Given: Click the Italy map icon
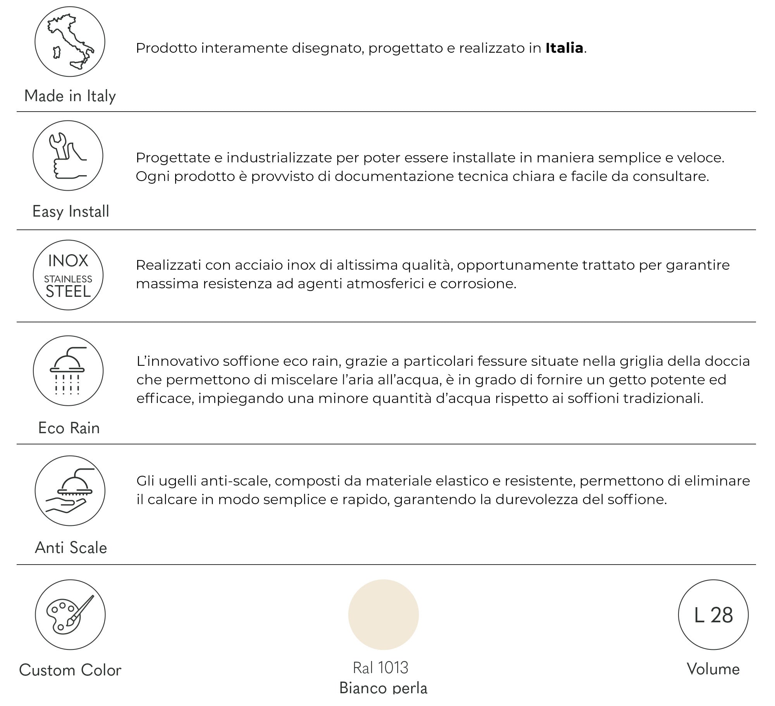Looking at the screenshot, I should [70, 41].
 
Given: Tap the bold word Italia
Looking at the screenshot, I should [564, 48].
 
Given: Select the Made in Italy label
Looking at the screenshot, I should [70, 96].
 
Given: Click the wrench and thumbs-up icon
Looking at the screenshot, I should [68, 155].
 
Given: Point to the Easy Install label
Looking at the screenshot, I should [71, 212].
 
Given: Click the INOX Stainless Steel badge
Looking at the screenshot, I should [68, 275].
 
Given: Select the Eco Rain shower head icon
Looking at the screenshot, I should [68, 371].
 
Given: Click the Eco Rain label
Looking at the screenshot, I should [69, 428].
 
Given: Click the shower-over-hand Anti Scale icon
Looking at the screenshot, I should [70, 491].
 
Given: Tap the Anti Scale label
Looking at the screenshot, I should [71, 548].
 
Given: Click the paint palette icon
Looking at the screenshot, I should [70, 615].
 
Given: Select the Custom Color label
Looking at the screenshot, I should [70, 670].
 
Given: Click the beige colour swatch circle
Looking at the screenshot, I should [383, 615].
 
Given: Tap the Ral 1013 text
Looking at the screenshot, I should [381, 668].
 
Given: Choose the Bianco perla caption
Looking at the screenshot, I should [383, 688].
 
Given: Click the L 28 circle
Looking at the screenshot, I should [713, 615].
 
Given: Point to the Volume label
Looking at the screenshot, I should [713, 669].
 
